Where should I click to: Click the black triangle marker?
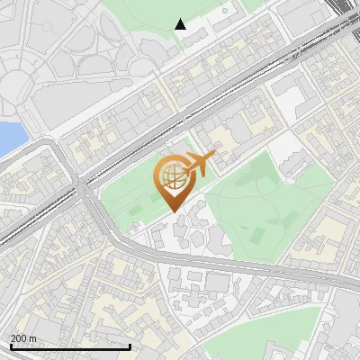(181, 24)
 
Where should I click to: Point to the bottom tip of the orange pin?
(173, 212)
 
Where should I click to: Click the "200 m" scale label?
(24, 337)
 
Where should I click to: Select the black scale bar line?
(70, 346)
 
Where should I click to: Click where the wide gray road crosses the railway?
(83, 184)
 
